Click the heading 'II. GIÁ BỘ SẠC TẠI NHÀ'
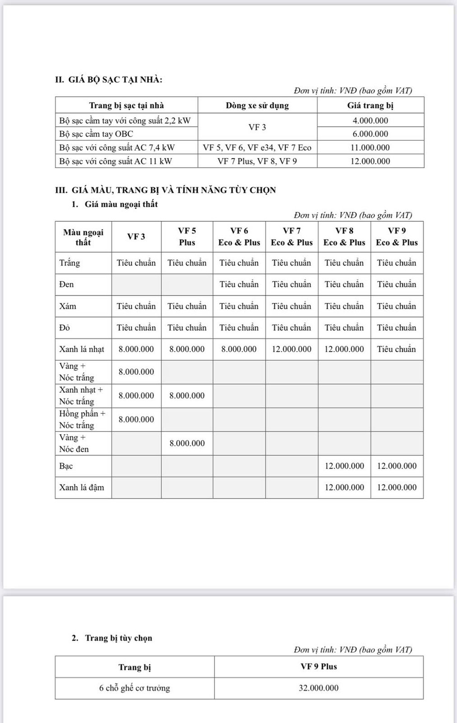[109, 80]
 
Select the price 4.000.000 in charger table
[370, 120]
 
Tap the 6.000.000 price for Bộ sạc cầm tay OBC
[370, 134]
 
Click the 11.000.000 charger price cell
[370, 147]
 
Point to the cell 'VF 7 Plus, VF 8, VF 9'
[257, 161]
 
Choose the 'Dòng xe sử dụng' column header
[257, 105]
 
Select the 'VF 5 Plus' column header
[187, 236]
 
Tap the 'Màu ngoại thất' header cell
[83, 237]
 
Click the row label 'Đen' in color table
[66, 284]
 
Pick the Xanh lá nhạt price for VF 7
[292, 349]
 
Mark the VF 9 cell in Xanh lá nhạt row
[396, 349]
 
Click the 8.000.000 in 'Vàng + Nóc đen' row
[187, 443]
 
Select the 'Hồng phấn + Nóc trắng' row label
[82, 419]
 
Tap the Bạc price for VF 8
[344, 466]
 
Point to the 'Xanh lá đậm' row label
[82, 488]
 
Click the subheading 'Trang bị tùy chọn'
[118, 638]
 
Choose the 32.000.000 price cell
[318, 688]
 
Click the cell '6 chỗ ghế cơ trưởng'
[135, 688]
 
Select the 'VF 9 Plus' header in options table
[318, 667]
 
